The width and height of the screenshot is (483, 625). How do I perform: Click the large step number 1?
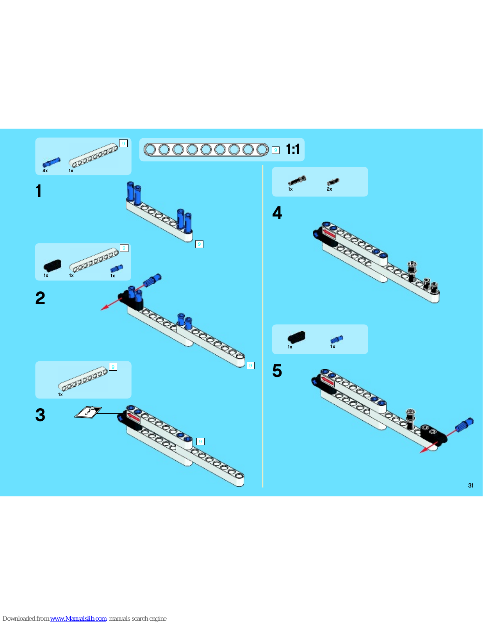pyautogui.click(x=39, y=191)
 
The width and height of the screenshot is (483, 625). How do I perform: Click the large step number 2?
pyautogui.click(x=40, y=298)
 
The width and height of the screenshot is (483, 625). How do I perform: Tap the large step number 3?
pyautogui.click(x=40, y=415)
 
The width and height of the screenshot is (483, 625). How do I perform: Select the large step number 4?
pyautogui.click(x=277, y=213)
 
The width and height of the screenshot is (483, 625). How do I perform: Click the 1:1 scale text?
pyautogui.click(x=293, y=149)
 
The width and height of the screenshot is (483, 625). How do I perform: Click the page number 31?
pyautogui.click(x=471, y=486)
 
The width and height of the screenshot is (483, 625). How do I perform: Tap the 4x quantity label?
pyautogui.click(x=45, y=171)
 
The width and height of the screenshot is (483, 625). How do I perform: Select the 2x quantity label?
pyautogui.click(x=330, y=189)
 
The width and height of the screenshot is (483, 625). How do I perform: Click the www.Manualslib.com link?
pyautogui.click(x=78, y=618)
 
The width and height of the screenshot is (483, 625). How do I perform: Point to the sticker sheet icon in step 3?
pyautogui.click(x=88, y=412)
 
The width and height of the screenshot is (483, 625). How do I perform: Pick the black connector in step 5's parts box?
pyautogui.click(x=296, y=337)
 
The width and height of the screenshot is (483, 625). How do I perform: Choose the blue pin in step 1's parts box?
pyautogui.click(x=52, y=162)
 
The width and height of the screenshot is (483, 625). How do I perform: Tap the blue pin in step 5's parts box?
pyautogui.click(x=337, y=339)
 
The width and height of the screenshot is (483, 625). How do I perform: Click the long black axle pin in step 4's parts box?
pyautogui.click(x=297, y=180)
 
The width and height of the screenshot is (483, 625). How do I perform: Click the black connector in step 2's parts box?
pyautogui.click(x=52, y=266)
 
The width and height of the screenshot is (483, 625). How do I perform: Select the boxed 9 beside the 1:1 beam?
pyautogui.click(x=275, y=150)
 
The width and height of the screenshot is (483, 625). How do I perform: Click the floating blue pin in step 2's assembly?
pyautogui.click(x=152, y=280)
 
